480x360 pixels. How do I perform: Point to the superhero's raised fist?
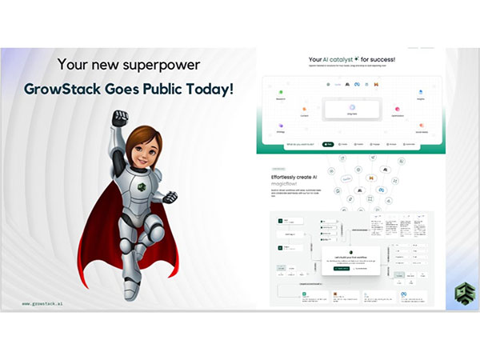point(120,118)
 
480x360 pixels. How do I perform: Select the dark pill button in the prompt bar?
point(328,145)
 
